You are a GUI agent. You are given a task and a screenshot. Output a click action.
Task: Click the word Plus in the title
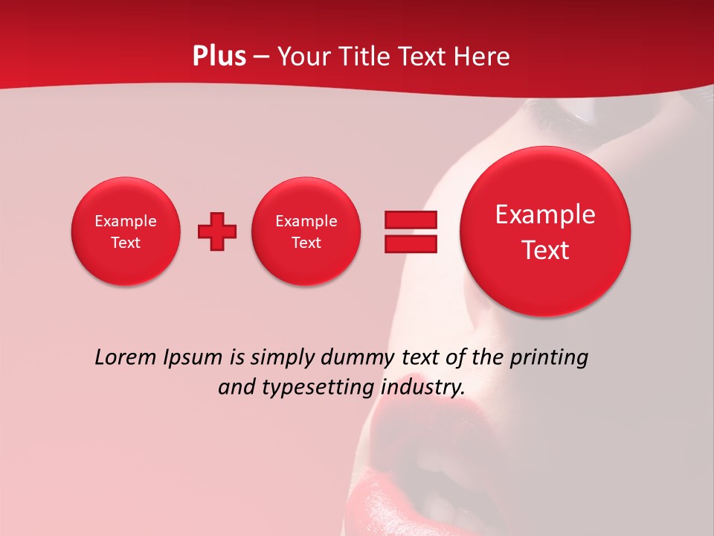tap(219, 57)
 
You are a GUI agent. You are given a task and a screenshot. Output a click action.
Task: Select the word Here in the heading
tap(483, 57)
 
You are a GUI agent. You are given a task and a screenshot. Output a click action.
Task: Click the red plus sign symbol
tap(217, 232)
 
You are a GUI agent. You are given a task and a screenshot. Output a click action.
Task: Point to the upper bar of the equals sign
tap(411, 220)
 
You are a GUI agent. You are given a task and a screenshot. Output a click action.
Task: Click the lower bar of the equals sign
tap(411, 243)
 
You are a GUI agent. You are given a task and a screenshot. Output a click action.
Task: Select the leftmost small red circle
tap(126, 232)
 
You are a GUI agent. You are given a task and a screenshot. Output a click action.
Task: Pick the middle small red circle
tap(306, 232)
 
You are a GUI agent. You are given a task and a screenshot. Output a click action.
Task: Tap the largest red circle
tap(545, 232)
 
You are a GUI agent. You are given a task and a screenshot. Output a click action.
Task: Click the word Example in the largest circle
tap(545, 214)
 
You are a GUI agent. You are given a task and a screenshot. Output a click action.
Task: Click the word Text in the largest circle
tap(545, 250)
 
